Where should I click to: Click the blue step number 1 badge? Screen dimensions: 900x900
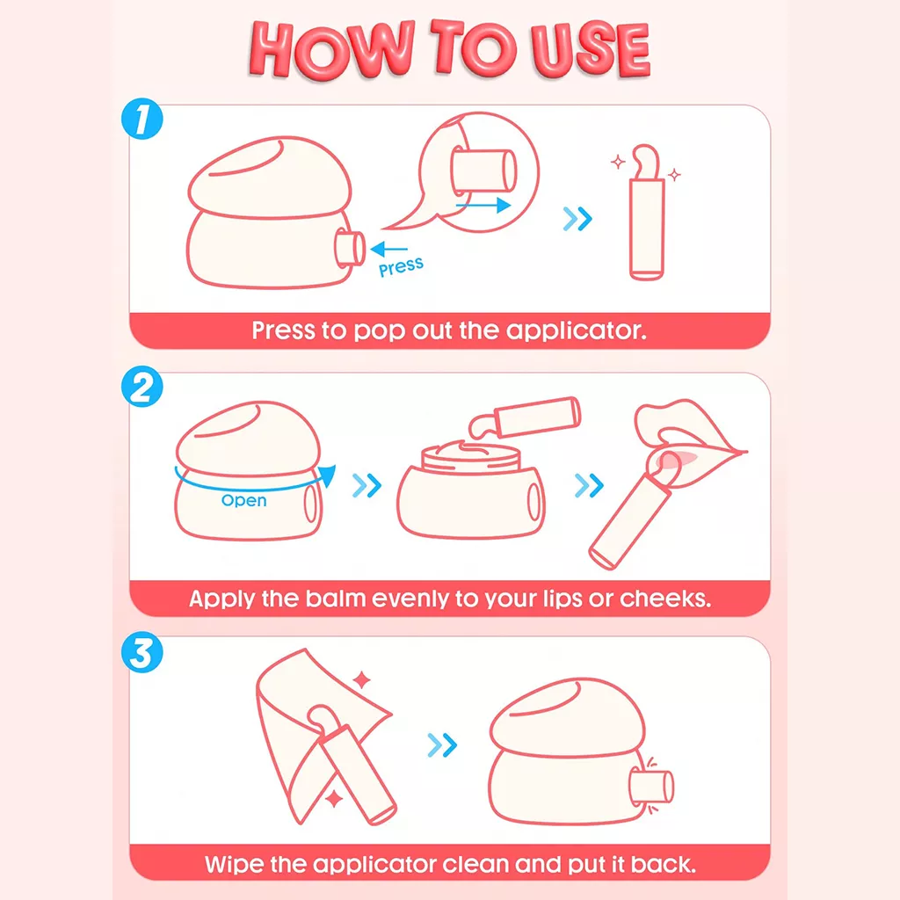(142, 119)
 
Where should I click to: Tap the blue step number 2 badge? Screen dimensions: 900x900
(142, 387)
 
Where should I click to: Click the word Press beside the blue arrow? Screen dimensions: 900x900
(401, 267)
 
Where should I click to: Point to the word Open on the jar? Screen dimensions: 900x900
(244, 500)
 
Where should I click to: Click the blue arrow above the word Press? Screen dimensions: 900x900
(388, 249)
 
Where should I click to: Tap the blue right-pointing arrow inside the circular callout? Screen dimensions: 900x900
(483, 205)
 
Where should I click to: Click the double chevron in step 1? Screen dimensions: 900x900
(577, 219)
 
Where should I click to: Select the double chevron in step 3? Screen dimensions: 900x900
(442, 745)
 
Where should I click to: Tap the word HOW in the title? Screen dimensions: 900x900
(331, 49)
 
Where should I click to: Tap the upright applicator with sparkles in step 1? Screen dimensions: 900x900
(646, 213)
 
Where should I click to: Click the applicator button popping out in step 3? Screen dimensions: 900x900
(651, 787)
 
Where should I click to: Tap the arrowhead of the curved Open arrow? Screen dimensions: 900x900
(327, 475)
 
